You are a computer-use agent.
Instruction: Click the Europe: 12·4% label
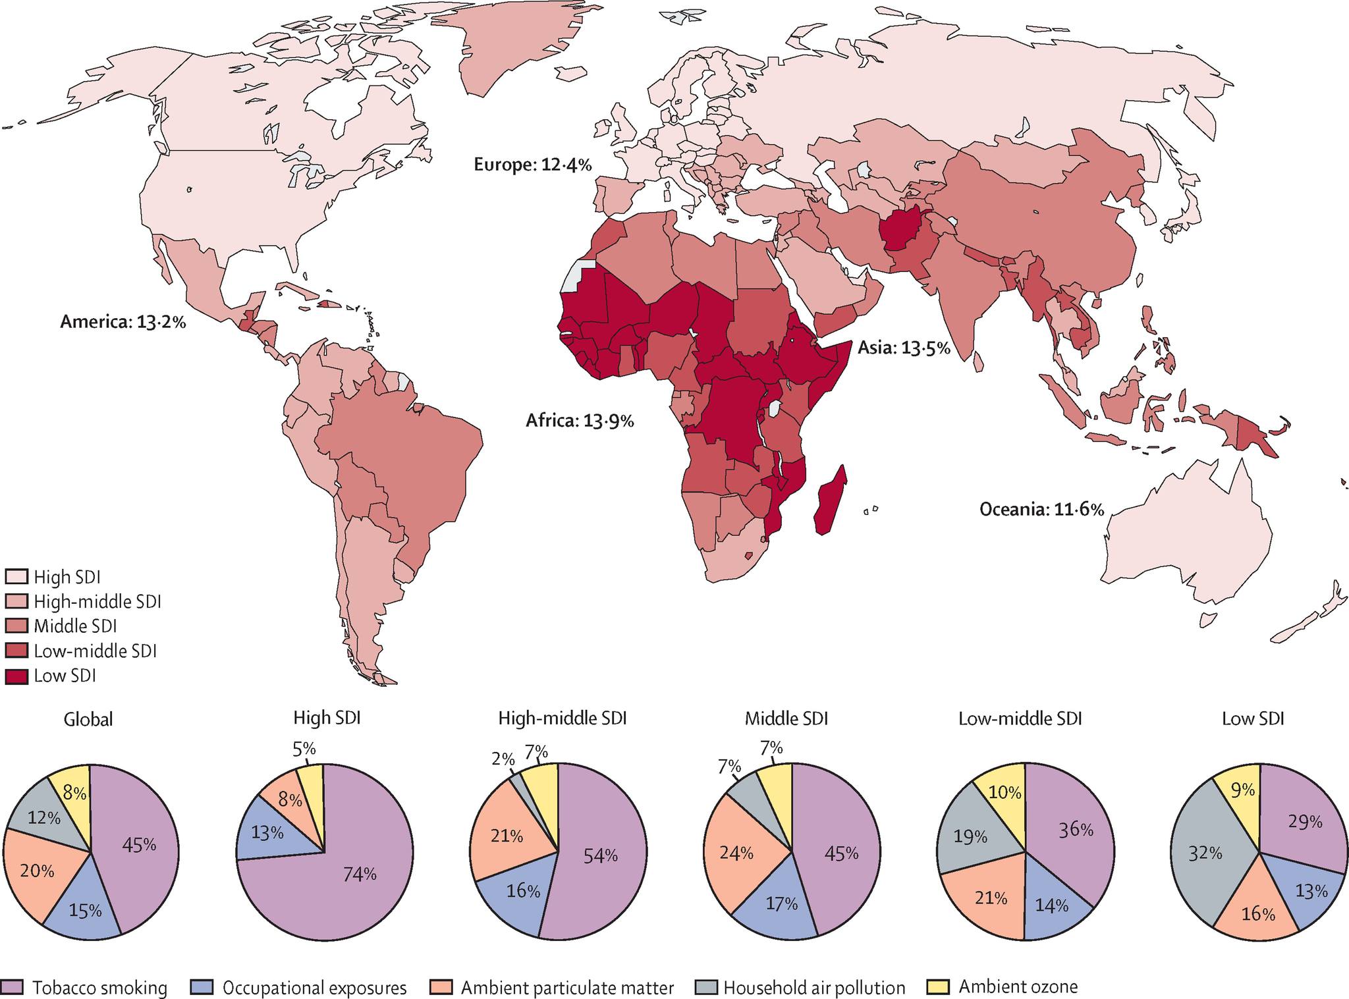[x=533, y=165]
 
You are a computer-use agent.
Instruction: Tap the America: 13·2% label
[x=123, y=322]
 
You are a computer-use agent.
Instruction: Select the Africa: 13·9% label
[x=580, y=420]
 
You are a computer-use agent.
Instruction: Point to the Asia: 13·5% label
[x=904, y=348]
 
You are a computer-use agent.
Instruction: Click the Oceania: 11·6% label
[x=1042, y=509]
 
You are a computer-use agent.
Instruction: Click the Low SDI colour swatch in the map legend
[x=16, y=676]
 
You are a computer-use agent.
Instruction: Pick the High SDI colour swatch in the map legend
[x=16, y=577]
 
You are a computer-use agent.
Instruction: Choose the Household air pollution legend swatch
[x=706, y=987]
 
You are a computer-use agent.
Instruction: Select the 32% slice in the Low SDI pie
[x=1205, y=853]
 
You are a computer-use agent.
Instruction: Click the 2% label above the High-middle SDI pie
[x=503, y=759]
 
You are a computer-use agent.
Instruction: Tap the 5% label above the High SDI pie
[x=304, y=749]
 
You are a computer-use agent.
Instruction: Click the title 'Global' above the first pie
[x=88, y=719]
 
